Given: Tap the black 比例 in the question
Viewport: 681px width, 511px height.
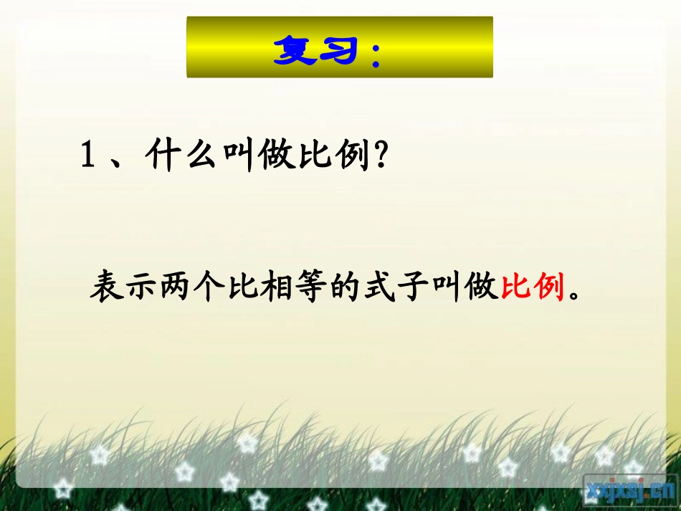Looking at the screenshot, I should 335,156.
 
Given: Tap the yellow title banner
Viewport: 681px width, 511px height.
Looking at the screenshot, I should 340,47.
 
